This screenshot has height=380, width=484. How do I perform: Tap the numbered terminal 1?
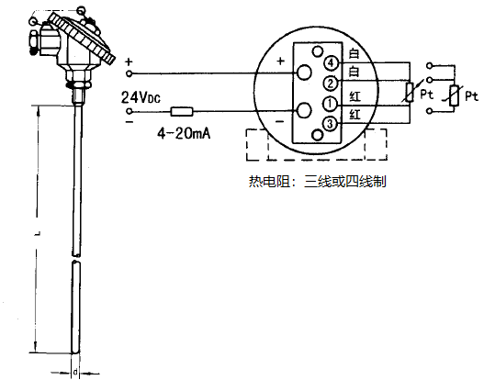tap(328, 103)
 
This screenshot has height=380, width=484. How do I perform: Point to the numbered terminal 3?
tap(328, 122)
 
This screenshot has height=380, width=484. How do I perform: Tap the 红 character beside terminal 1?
tap(355, 96)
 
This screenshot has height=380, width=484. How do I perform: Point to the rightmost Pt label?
tap(471, 95)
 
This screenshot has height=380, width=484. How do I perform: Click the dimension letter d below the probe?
tap(74, 372)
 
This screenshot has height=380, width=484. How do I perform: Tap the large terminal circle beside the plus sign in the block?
tap(304, 72)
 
